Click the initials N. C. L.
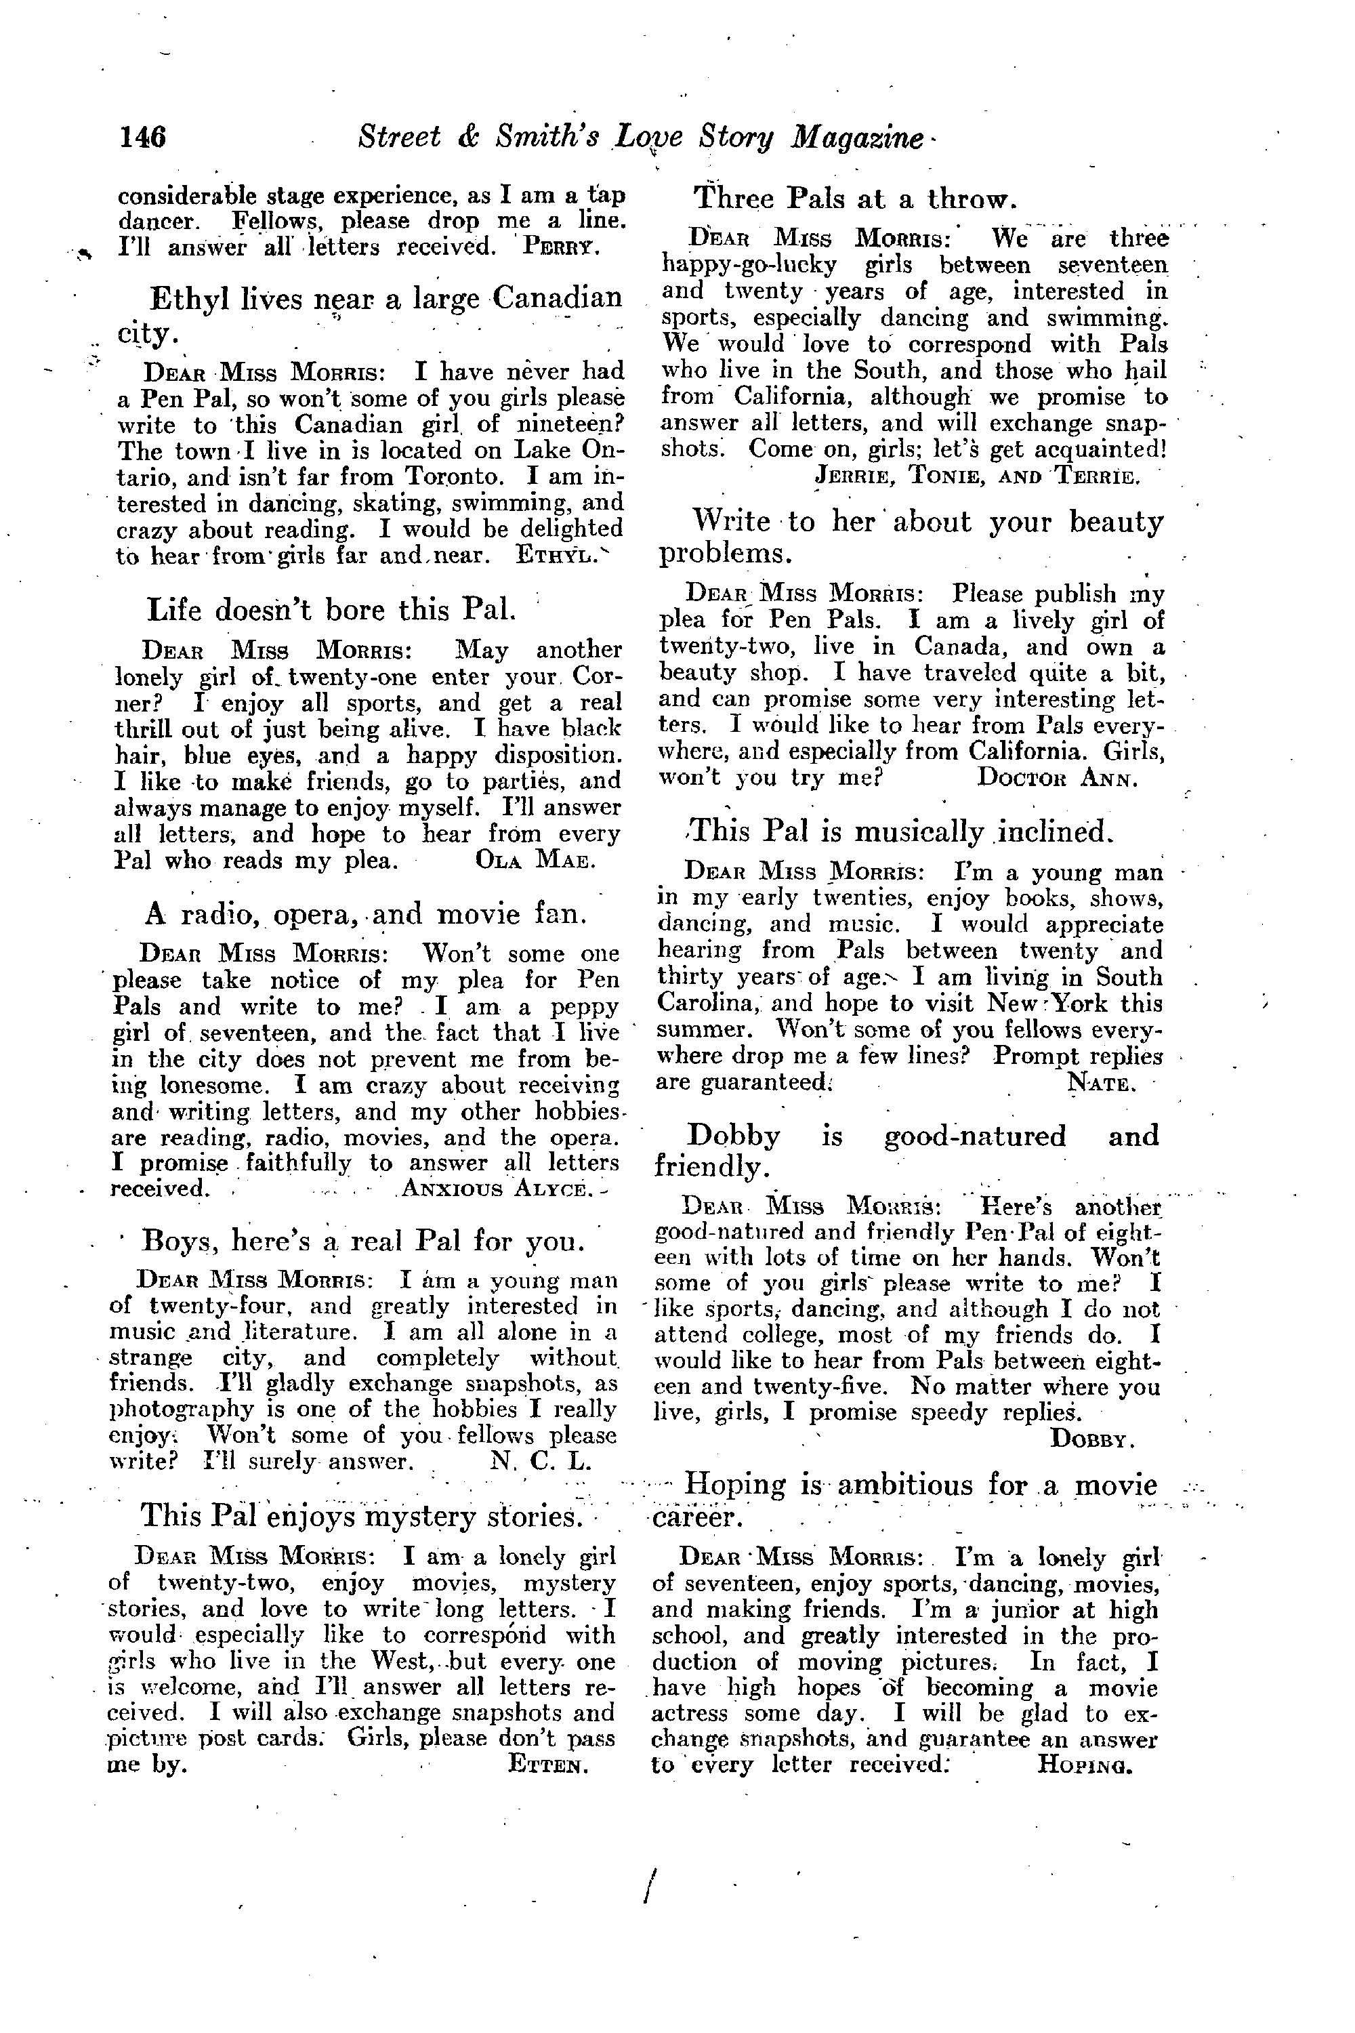coord(539,1462)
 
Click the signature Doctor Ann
coord(1054,778)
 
